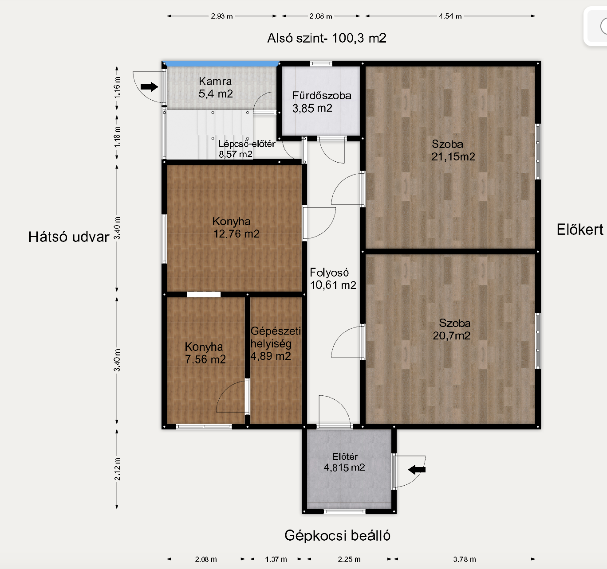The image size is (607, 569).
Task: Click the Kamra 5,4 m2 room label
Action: [x=216, y=88]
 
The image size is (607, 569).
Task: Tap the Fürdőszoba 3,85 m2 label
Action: [x=322, y=102]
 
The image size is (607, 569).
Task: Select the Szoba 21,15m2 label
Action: [x=453, y=151]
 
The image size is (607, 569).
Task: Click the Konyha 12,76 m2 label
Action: [x=236, y=228]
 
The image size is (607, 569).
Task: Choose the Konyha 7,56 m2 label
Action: [x=205, y=353]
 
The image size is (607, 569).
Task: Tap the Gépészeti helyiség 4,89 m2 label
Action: [x=276, y=344]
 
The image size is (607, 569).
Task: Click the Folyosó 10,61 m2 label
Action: [x=333, y=279]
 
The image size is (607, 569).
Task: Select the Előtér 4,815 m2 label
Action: [x=344, y=462]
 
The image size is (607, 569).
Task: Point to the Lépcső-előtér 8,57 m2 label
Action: [x=247, y=149]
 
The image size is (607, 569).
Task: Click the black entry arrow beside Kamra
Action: [x=149, y=87]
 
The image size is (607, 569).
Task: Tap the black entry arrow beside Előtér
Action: [x=417, y=469]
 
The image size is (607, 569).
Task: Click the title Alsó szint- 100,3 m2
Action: [x=327, y=38]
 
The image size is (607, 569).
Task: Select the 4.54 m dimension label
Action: [x=450, y=16]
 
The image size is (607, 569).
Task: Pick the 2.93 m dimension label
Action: [x=222, y=16]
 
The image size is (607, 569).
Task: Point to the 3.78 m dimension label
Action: [x=465, y=559]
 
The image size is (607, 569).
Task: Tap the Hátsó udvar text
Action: [x=69, y=237]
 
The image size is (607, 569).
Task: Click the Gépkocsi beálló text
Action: [x=337, y=535]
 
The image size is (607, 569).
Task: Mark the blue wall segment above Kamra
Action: [x=221, y=64]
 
